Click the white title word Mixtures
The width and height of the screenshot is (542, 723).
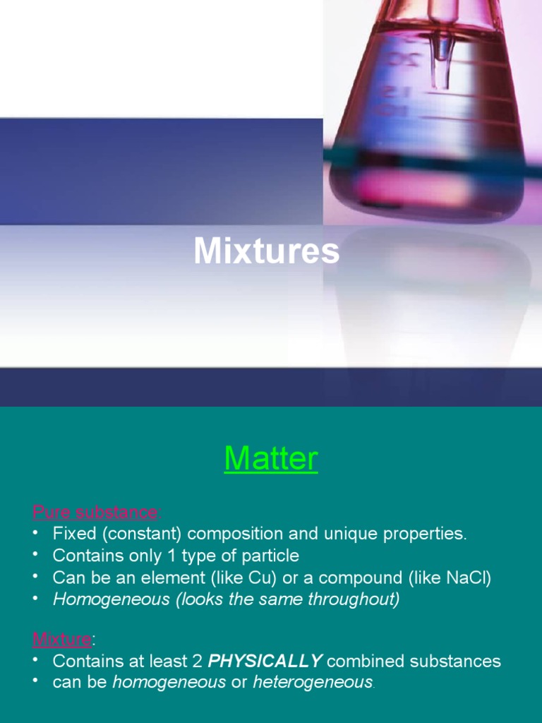coord(266,252)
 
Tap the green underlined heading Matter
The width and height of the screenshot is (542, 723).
coord(271,460)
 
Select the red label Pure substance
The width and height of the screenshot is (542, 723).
coord(95,511)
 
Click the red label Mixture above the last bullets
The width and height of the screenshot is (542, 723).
coord(62,640)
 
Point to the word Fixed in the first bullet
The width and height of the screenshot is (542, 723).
coord(73,533)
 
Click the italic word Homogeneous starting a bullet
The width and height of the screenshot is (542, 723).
coord(112,599)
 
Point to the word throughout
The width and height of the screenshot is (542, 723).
coord(355,599)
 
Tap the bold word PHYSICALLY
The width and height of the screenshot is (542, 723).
coord(265,662)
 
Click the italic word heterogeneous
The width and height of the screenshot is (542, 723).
coord(313,683)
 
